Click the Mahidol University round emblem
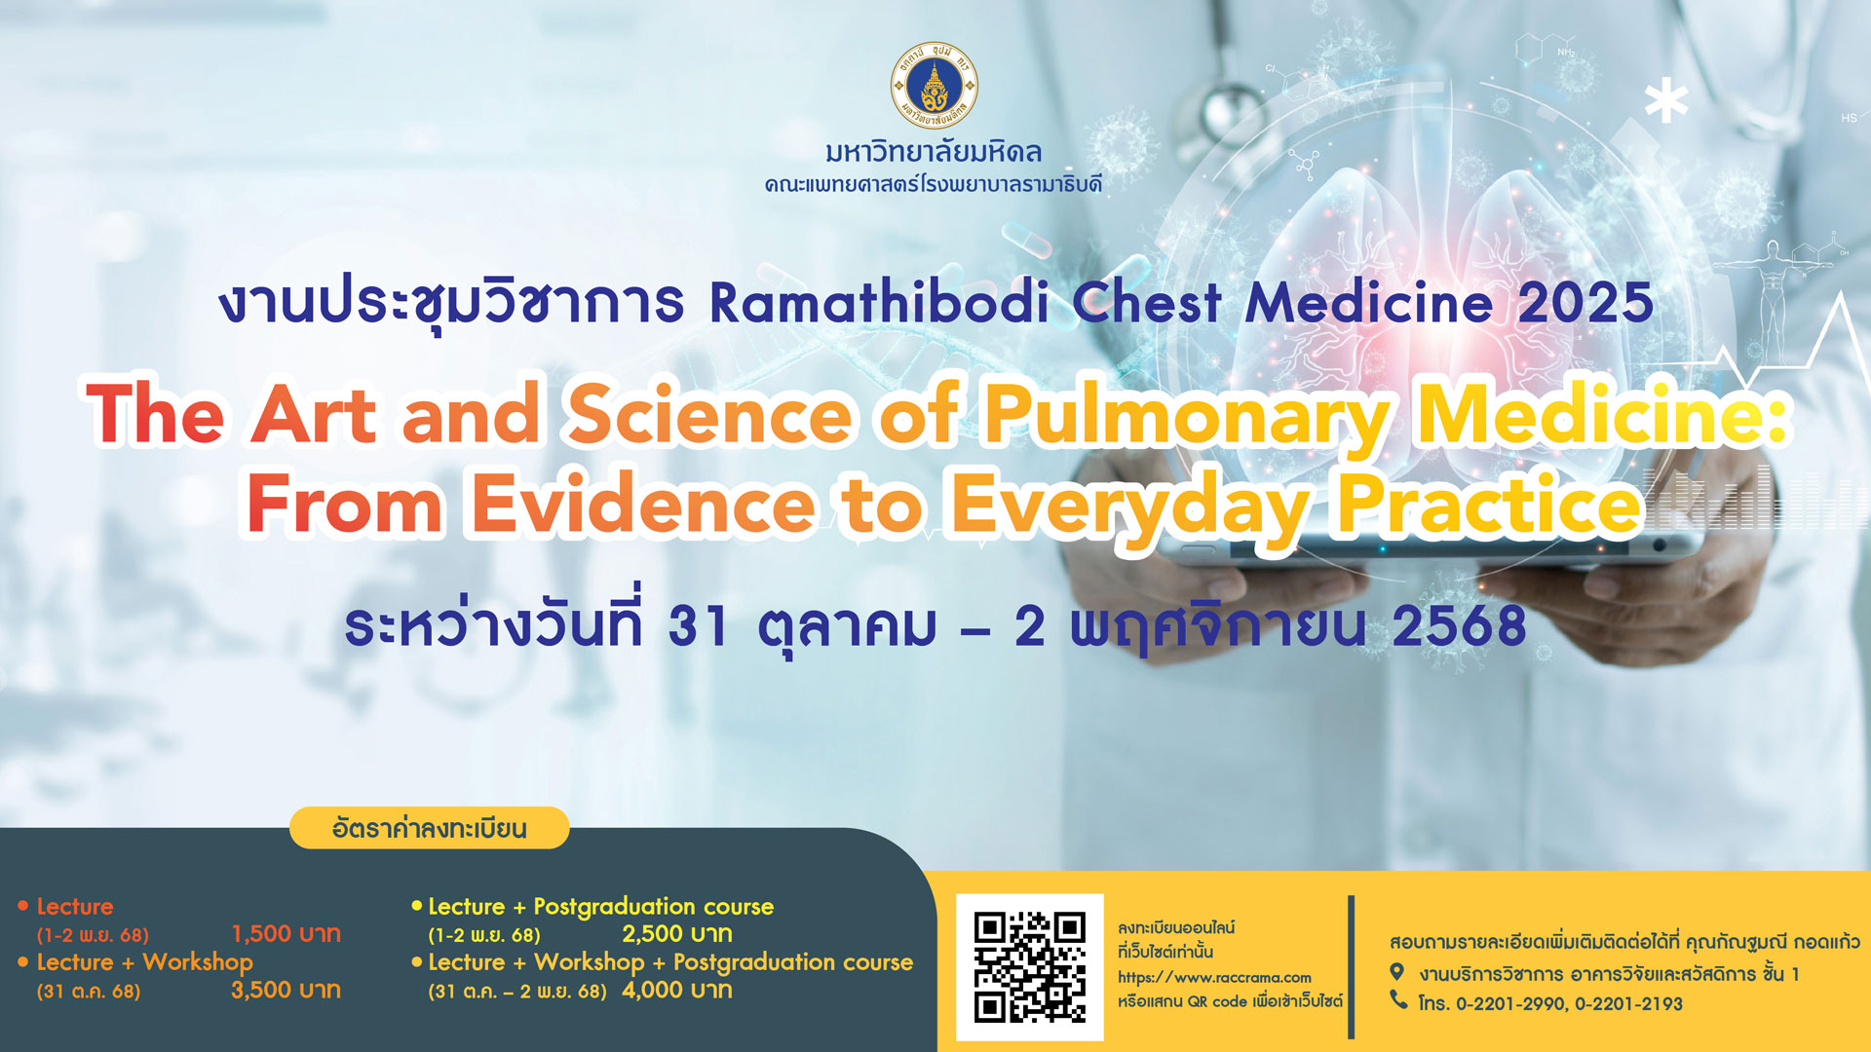935,86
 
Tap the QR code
1030,967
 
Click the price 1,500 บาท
286,933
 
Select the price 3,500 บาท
286,990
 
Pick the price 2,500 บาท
677,933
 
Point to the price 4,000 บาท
677,990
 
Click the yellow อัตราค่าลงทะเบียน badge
430,828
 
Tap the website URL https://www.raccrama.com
1214,977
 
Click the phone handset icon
1398,999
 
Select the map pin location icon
1396,971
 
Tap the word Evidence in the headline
643,504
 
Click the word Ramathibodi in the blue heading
880,302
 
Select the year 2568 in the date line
1459,625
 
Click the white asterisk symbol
1666,100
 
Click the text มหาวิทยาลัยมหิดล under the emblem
934,152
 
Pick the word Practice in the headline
1490,504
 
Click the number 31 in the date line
698,625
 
